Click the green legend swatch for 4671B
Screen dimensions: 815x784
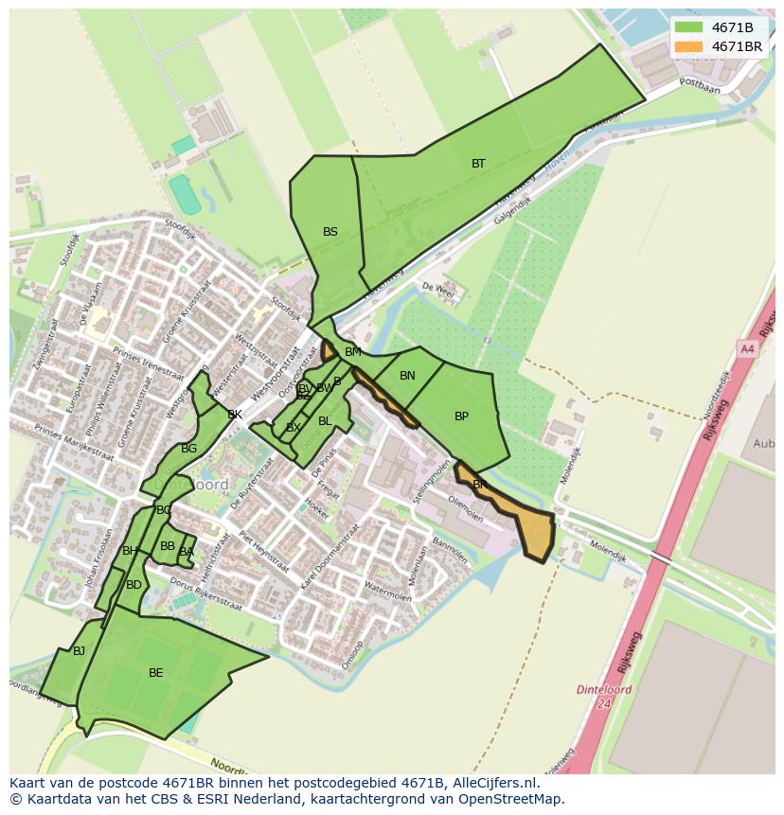[x=688, y=27]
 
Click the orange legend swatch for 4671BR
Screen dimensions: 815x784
[x=688, y=46]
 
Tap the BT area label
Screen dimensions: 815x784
[x=478, y=164]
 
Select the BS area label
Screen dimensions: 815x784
[x=330, y=232]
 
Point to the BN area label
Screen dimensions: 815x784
[x=407, y=376]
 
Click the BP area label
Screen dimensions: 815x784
[x=461, y=416]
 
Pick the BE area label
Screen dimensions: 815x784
[x=155, y=673]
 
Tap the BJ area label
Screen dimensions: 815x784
[x=79, y=651]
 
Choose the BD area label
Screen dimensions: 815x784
[x=134, y=585]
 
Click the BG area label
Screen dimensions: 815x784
[x=188, y=449]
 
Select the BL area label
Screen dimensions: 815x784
[x=325, y=421]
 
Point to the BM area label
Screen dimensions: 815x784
[x=352, y=352]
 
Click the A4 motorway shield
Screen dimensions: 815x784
[x=747, y=349]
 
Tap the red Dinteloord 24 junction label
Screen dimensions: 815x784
[x=604, y=696]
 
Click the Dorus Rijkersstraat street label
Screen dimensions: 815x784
[x=212, y=600]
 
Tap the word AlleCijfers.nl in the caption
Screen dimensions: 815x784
[x=493, y=784]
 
